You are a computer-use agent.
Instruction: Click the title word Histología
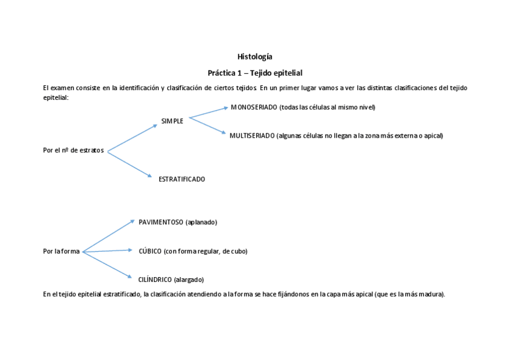pos(254,57)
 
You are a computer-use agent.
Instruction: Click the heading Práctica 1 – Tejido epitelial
pos(254,73)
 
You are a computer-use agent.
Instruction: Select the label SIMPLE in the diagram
pos(172,121)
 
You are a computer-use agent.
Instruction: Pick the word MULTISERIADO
pos(252,136)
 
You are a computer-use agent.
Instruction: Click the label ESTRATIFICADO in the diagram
pos(182,179)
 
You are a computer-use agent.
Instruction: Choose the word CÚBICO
pos(150,251)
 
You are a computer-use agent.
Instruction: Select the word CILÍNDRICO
pos(155,279)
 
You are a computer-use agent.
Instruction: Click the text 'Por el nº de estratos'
pos(73,150)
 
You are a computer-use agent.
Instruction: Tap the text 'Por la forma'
pos(61,251)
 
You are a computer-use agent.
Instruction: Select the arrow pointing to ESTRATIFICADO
pos(129,163)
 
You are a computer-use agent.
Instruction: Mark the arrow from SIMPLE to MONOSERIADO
pos(209,112)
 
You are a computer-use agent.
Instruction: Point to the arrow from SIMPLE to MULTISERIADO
pos(208,126)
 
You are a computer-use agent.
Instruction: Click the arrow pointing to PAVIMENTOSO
pos(108,236)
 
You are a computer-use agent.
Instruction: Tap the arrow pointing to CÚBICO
pos(107,251)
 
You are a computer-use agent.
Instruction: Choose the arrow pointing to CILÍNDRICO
pos(107,264)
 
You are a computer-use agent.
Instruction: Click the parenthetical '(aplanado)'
pos(201,222)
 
